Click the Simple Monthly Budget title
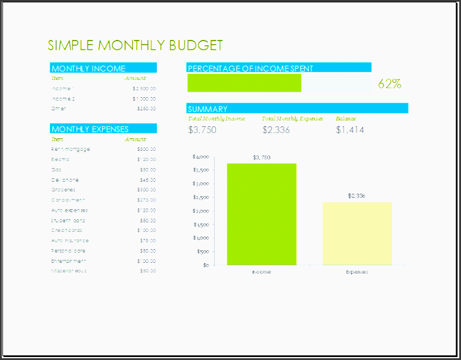pyautogui.click(x=135, y=45)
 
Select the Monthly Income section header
pyautogui.click(x=89, y=68)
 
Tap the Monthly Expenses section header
pyautogui.click(x=90, y=129)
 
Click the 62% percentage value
pyautogui.click(x=389, y=83)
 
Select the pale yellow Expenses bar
pyautogui.click(x=357, y=233)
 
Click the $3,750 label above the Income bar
pyautogui.click(x=261, y=157)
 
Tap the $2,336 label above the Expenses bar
pyautogui.click(x=357, y=195)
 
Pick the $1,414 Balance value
pyautogui.click(x=350, y=129)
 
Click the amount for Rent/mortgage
pyautogui.click(x=146, y=149)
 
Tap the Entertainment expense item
pyautogui.click(x=69, y=260)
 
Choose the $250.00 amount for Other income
pyautogui.click(x=146, y=108)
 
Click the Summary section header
pyautogui.click(x=208, y=108)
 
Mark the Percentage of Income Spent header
pyautogui.click(x=250, y=68)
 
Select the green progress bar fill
pyautogui.click(x=244, y=83)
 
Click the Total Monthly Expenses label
pyautogui.click(x=292, y=119)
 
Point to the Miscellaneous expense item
pyautogui.click(x=69, y=271)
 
